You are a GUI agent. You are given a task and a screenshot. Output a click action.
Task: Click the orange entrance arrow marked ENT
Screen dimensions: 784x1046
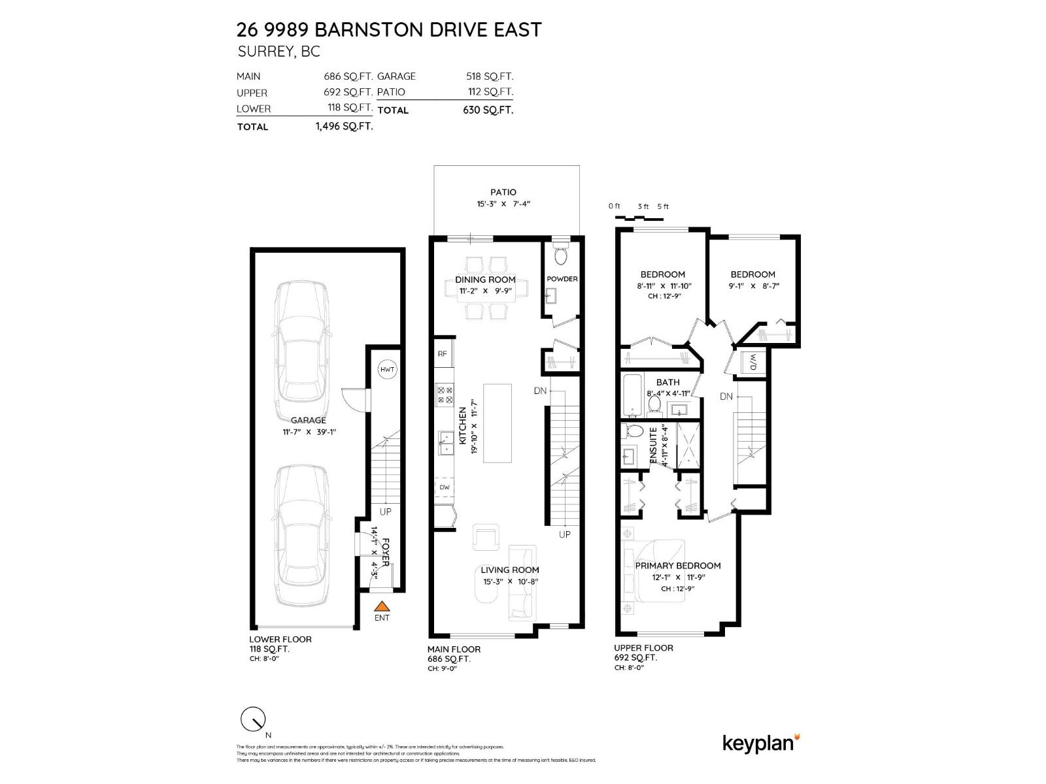382,606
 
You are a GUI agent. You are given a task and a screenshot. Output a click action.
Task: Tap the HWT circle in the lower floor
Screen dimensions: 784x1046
387,370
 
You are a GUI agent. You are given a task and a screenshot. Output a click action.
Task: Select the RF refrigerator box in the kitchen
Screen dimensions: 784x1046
443,353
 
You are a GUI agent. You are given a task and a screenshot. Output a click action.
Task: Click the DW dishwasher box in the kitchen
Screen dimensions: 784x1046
445,487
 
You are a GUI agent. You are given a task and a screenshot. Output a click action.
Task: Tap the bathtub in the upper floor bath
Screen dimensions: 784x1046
632,395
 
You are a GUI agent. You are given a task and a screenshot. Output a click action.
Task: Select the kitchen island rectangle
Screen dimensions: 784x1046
498,423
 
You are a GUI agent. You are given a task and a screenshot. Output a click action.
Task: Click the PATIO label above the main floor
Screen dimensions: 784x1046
503,192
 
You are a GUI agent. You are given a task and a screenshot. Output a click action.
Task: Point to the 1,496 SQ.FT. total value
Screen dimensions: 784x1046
344,126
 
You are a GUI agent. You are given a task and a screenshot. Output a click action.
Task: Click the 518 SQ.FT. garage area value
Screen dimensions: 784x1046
488,76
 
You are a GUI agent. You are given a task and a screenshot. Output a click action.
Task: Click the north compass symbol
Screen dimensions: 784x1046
253,719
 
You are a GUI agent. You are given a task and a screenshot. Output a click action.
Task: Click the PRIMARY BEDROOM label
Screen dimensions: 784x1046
677,566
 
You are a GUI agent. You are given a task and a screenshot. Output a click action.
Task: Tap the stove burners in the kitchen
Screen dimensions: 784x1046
445,395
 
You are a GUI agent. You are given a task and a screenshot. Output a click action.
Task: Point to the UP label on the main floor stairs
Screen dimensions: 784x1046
564,534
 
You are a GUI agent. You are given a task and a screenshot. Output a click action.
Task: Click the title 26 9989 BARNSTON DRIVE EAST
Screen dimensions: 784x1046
389,29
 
